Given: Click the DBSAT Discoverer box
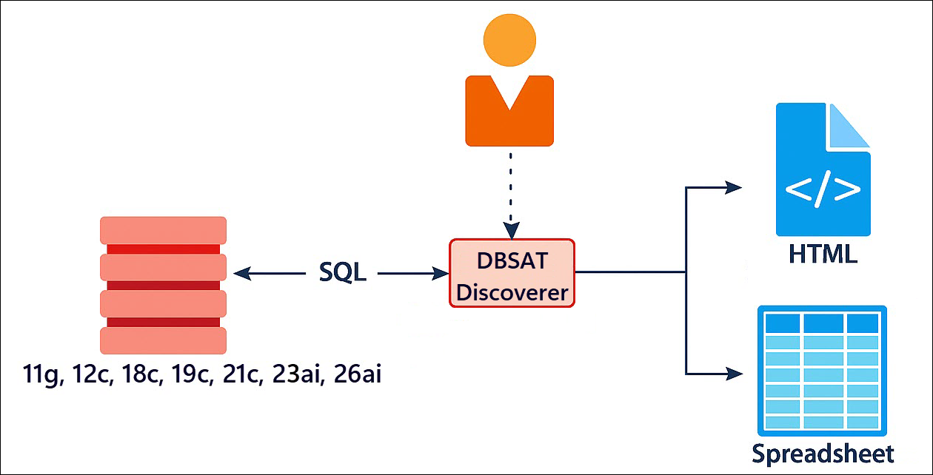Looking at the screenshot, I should [512, 273].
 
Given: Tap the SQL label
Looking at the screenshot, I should [342, 272].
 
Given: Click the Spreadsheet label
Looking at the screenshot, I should [823, 452].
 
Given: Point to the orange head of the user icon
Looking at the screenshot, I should [509, 40].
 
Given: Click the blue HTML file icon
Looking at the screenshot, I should [823, 170].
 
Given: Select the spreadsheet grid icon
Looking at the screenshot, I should [822, 370].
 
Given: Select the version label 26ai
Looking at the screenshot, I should [357, 375].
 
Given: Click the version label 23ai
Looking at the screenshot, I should [298, 375].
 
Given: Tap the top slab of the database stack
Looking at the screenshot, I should [163, 230].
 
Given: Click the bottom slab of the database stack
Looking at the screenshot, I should [163, 340].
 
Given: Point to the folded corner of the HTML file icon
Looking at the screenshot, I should [849, 124].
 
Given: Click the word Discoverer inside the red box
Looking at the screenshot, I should [512, 292].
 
